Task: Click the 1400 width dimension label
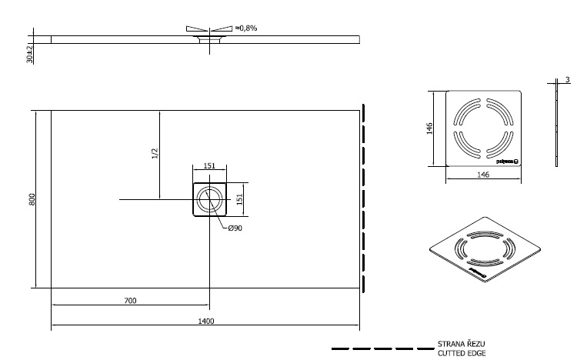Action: tap(205, 321)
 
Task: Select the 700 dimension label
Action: tap(130, 301)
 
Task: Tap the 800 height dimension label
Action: tap(32, 199)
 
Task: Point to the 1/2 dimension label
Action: tap(155, 154)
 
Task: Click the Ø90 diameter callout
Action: tap(235, 228)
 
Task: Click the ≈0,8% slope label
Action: tap(245, 28)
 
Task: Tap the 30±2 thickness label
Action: tap(29, 54)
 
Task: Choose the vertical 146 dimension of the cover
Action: tap(432, 128)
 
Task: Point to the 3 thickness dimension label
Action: tap(567, 80)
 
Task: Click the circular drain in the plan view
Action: tap(208, 200)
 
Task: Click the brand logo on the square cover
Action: tap(508, 161)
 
